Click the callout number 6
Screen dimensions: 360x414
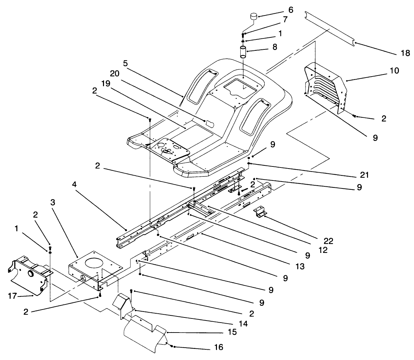click(x=291, y=10)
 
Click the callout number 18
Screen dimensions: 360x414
click(x=405, y=53)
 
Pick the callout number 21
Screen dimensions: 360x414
click(x=364, y=175)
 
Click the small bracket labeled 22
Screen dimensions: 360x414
click(x=260, y=212)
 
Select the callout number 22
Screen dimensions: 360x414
click(x=329, y=241)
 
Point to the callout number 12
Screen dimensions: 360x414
click(x=322, y=250)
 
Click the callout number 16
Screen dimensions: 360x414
click(x=218, y=347)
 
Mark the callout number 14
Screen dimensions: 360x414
click(x=244, y=323)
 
